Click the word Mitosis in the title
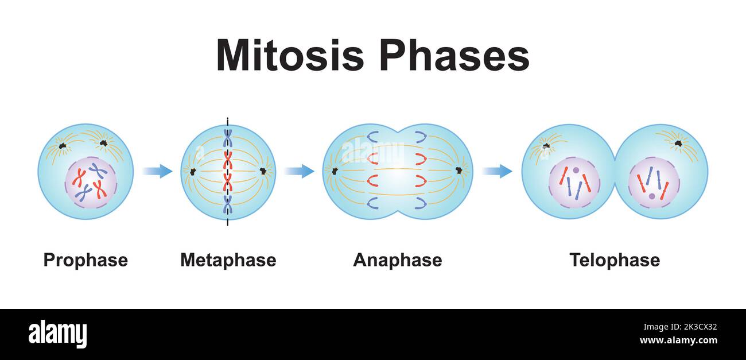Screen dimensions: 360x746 pos(290,56)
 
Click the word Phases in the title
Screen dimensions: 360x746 pos(453,56)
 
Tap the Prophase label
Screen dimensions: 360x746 pos(86,260)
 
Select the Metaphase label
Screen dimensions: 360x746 pos(228,260)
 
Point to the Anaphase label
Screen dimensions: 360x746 pos(397,260)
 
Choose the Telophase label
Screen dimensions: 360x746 pos(614,260)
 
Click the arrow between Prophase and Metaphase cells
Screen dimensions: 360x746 pos(157,171)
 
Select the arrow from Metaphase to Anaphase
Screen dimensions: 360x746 pos(299,171)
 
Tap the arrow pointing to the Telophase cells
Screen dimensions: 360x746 pos(497,171)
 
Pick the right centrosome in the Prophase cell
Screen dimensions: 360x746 pos(104,142)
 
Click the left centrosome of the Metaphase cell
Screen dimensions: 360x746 pos(193,171)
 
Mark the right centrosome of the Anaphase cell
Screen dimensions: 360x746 pos(459,171)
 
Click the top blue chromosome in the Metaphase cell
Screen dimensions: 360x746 pos(228,138)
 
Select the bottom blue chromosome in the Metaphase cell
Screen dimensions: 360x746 pos(228,204)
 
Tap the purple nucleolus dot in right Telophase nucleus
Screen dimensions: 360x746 pos(652,196)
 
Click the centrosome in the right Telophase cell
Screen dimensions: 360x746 pos(678,142)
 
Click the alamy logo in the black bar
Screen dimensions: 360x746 pos(57,334)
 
